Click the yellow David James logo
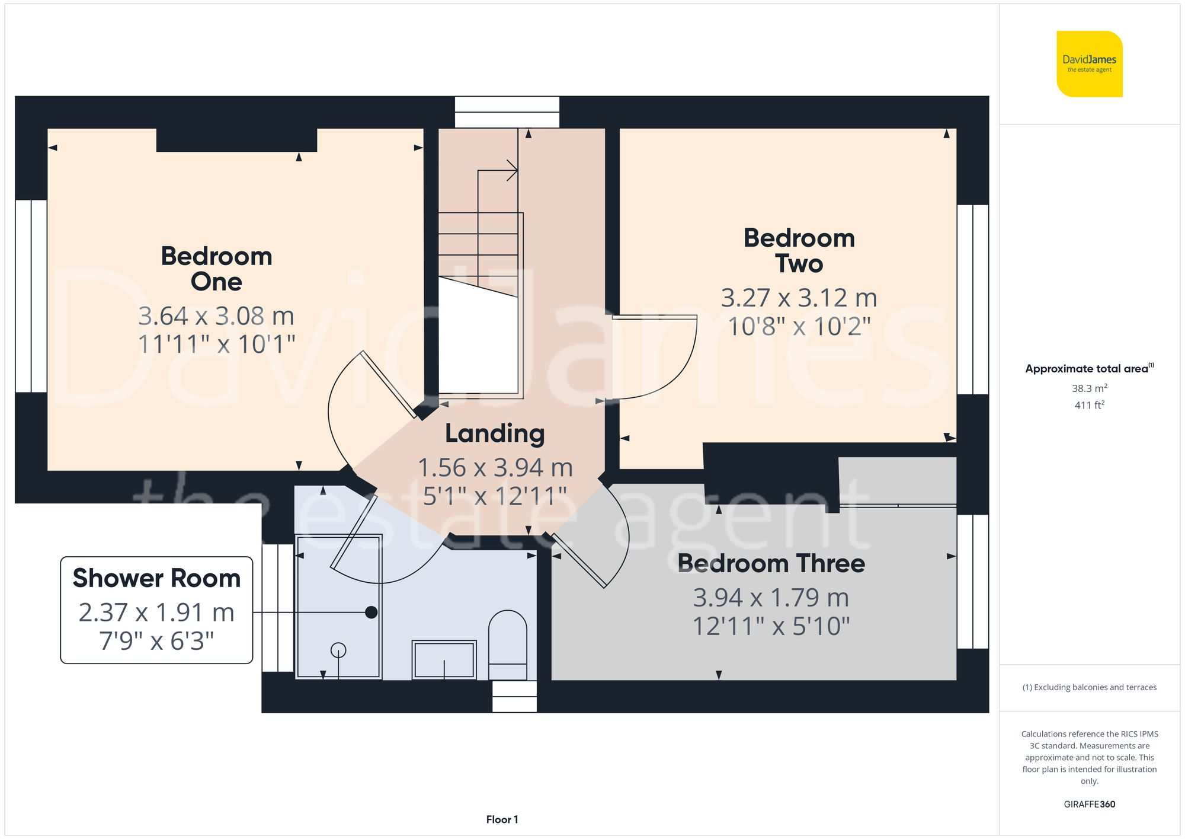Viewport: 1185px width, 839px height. point(1089,64)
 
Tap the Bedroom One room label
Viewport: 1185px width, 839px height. point(216,269)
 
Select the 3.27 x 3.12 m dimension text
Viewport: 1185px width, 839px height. point(799,298)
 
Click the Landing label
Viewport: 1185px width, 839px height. point(495,433)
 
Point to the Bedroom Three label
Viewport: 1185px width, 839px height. point(771,563)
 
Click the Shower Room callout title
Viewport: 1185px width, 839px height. point(156,578)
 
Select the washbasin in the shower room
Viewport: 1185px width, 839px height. point(444,659)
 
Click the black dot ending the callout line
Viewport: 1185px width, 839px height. point(371,612)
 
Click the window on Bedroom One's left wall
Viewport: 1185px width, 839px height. point(31,296)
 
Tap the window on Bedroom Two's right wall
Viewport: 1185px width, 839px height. point(973,299)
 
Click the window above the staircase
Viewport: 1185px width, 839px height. point(507,112)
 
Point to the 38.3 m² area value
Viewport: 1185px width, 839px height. point(1089,388)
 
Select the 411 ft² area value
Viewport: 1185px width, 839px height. point(1089,405)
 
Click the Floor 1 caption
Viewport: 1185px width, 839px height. point(502,819)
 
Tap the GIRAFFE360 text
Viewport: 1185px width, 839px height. point(1089,804)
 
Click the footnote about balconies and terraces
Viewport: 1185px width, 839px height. point(1089,687)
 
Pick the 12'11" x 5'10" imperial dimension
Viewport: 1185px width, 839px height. point(771,626)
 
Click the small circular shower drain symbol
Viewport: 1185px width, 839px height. point(338,650)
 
